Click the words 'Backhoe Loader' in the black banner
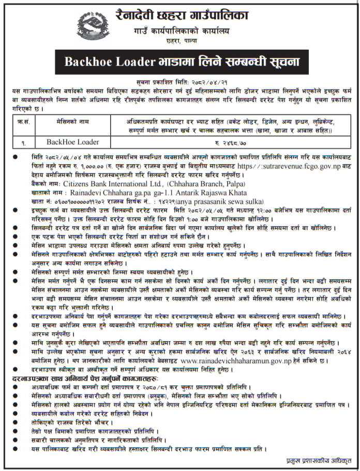click(x=109, y=61)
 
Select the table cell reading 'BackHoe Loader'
click(x=72, y=142)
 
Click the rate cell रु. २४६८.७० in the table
click(x=230, y=142)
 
